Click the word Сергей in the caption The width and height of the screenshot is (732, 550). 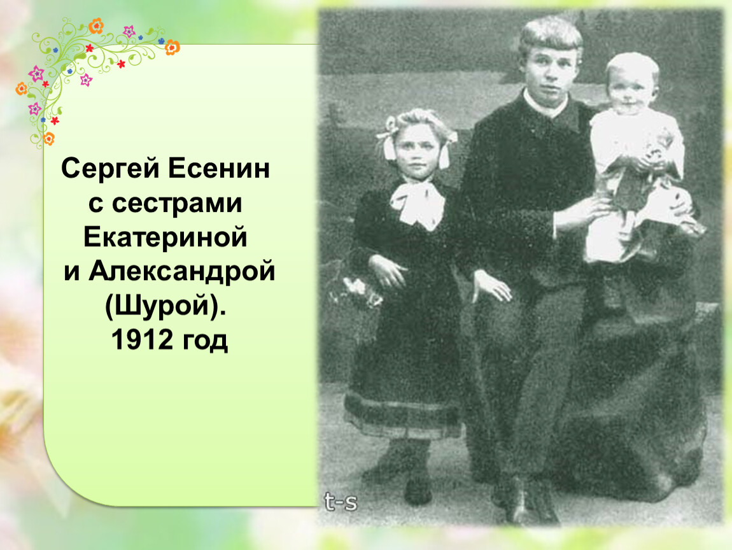(x=110, y=169)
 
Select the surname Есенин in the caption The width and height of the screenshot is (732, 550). (x=218, y=168)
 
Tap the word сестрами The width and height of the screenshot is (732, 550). (x=177, y=204)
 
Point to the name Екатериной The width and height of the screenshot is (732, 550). (x=165, y=237)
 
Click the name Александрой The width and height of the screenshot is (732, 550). (x=182, y=272)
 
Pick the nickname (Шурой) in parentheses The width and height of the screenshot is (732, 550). (x=165, y=307)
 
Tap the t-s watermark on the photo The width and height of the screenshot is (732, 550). (x=341, y=502)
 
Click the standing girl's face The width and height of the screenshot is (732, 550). (x=417, y=150)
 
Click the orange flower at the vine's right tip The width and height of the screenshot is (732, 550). (x=172, y=47)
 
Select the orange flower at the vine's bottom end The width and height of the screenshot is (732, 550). (x=48, y=138)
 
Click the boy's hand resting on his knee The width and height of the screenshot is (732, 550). (x=493, y=286)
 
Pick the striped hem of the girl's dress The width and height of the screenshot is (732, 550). (x=402, y=416)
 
